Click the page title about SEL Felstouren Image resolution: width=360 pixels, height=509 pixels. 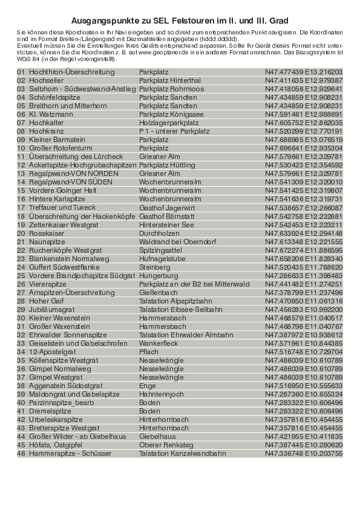click(180, 20)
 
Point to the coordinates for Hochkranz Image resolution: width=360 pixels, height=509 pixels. click(303, 131)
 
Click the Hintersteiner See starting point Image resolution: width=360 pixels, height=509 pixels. click(166, 224)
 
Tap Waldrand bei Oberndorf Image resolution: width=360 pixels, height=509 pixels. click(174, 241)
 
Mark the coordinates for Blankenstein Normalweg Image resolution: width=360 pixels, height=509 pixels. click(303, 258)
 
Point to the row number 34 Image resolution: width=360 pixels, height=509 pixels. click(21, 351)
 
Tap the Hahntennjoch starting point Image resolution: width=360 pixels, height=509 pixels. click(160, 394)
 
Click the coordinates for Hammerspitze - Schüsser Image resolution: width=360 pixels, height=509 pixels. click(303, 453)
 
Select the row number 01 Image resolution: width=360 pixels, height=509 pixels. click(21, 72)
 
